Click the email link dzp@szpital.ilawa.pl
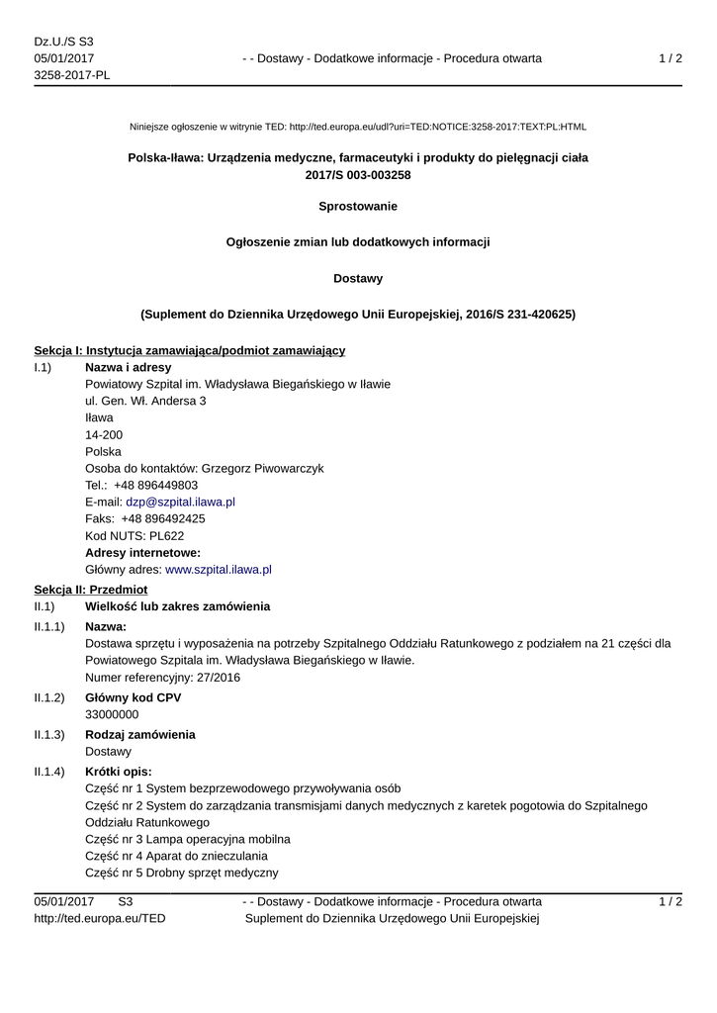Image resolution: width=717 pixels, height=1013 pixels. click(x=180, y=502)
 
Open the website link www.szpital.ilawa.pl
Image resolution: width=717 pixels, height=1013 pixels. click(x=219, y=569)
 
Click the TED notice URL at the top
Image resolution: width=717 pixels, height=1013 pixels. click(x=437, y=127)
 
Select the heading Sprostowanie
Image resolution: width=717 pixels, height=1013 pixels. click(x=358, y=206)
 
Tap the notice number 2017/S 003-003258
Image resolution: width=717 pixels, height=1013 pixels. click(x=358, y=174)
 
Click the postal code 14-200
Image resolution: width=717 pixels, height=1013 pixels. click(x=104, y=434)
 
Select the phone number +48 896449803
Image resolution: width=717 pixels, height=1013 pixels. click(x=155, y=485)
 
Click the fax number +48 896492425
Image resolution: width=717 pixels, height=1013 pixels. click(x=163, y=518)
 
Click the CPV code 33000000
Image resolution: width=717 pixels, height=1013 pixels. click(x=112, y=713)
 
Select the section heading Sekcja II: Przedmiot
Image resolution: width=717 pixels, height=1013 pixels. click(x=90, y=589)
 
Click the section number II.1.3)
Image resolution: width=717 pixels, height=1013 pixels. click(x=49, y=734)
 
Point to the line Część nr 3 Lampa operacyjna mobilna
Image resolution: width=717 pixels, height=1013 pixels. click(x=188, y=839)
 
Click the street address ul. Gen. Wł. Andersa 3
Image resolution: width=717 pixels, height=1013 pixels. click(x=145, y=401)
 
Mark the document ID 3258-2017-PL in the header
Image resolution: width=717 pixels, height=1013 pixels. click(x=72, y=75)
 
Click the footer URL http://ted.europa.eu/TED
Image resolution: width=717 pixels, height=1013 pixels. click(x=100, y=918)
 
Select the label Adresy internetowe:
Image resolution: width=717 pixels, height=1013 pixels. click(x=143, y=552)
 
